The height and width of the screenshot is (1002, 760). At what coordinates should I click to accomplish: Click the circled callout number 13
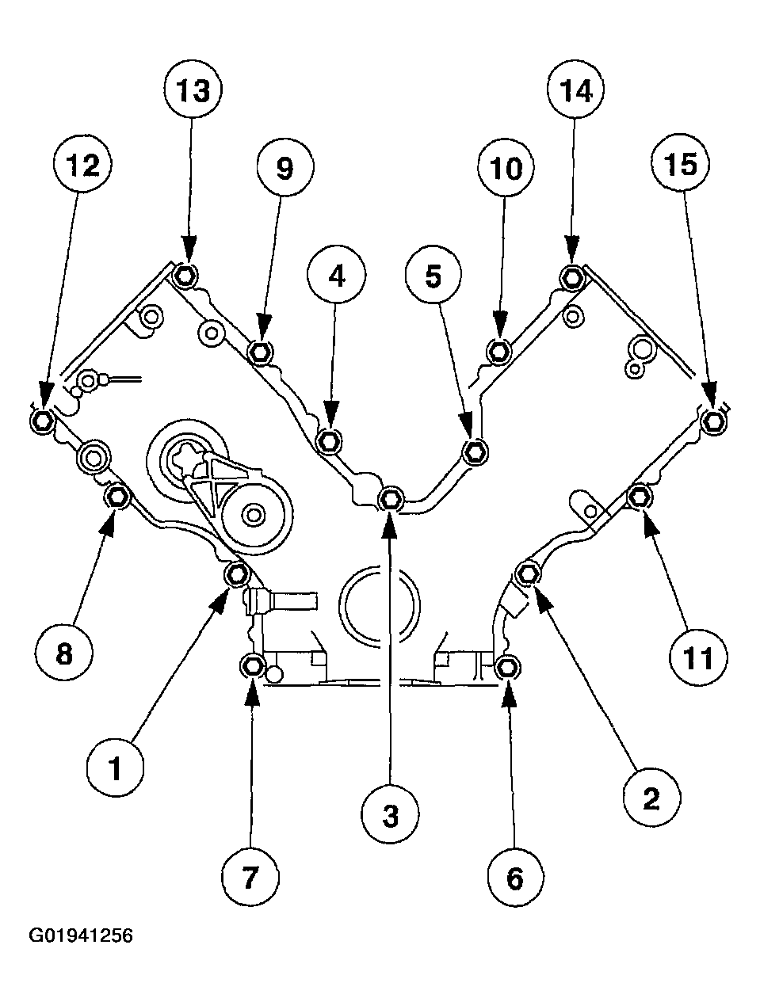pos(193,90)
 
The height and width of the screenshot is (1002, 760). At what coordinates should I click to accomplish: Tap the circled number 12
pos(83,165)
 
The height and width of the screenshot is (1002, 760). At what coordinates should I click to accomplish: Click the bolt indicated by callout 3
pos(391,499)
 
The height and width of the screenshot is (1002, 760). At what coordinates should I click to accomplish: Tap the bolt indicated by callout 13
pos(185,276)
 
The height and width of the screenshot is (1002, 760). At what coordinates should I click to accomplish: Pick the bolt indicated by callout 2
pos(528,573)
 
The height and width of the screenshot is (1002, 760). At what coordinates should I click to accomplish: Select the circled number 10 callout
pos(506,167)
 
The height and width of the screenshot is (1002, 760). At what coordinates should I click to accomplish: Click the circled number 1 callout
pos(115,768)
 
